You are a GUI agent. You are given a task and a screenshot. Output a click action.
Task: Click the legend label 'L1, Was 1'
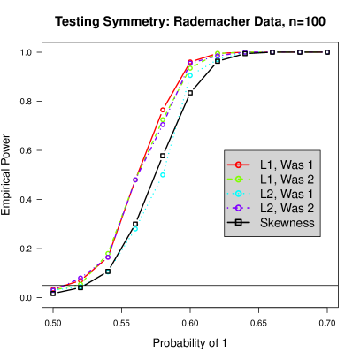coord(287,165)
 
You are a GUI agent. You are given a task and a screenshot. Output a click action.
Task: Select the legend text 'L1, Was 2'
coord(287,179)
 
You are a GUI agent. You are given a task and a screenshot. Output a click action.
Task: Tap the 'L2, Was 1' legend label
coord(287,193)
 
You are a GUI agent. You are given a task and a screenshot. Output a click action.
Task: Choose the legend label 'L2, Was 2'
coord(287,207)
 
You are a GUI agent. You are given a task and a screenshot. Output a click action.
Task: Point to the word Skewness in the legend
coord(287,222)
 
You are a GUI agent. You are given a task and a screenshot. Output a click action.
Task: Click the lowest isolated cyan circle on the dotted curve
coord(135,229)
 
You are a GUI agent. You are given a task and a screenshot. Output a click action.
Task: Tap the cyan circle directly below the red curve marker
coord(163,175)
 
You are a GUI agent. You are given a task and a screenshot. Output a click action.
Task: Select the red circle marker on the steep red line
coord(163,111)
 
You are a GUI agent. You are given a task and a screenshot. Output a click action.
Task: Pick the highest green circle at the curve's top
coord(218,53)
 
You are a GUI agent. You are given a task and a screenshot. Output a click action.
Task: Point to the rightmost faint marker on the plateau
coord(327,52)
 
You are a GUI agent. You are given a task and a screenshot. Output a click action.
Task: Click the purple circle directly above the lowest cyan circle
coord(135,180)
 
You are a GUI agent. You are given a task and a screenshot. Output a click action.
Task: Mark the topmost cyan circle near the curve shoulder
coord(190,75)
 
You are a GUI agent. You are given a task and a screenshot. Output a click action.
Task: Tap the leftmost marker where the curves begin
coord(53,289)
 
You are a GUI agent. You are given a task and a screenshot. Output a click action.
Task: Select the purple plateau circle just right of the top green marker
coord(245,52)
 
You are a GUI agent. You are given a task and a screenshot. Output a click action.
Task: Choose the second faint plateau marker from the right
coord(300,52)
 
